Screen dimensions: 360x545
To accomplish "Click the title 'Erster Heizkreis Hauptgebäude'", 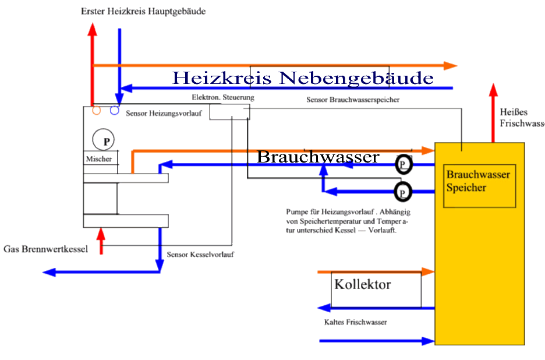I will tap(143, 11).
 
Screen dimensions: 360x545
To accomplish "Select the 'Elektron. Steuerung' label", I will tap(223, 97).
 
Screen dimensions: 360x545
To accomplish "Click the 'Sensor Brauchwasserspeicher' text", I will tap(352, 100).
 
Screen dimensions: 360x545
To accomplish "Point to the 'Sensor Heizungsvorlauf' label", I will tap(164, 114).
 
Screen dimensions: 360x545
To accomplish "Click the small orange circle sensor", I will tap(97, 110).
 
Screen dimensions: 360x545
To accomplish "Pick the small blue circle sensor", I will tap(115, 110).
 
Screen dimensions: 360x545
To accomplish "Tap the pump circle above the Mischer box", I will tap(103, 140).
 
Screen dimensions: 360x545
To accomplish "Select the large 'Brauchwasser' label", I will tap(318, 157).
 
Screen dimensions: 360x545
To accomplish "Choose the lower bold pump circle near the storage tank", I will tap(402, 191).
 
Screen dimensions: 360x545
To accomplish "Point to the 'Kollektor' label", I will tap(363, 285).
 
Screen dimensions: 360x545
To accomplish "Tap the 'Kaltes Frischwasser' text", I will tap(355, 322).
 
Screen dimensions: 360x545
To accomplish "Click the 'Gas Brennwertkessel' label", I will tap(45, 249).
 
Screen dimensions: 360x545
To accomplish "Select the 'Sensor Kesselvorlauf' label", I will tap(200, 255).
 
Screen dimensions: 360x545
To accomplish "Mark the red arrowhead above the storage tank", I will tap(494, 91).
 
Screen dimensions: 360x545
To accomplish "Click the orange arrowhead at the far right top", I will tap(450, 65).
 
